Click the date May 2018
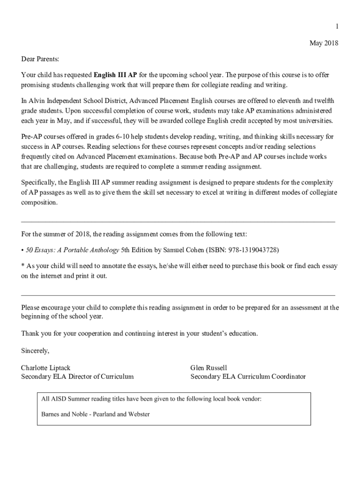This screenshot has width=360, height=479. click(324, 44)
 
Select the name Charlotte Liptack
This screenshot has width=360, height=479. click(46, 368)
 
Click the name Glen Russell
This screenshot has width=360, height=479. click(209, 368)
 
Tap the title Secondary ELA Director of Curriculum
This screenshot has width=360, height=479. click(77, 377)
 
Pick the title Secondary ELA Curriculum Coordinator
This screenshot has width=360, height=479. click(248, 377)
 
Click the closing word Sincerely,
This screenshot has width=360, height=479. click(35, 350)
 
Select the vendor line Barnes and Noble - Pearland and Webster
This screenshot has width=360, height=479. click(95, 414)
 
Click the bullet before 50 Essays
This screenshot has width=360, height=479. click(22, 250)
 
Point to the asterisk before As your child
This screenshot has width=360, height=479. click(22, 266)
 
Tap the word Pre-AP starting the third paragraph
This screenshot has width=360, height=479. click(32, 137)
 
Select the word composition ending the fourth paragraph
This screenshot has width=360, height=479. click(39, 203)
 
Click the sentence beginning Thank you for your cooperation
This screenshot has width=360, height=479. click(139, 334)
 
